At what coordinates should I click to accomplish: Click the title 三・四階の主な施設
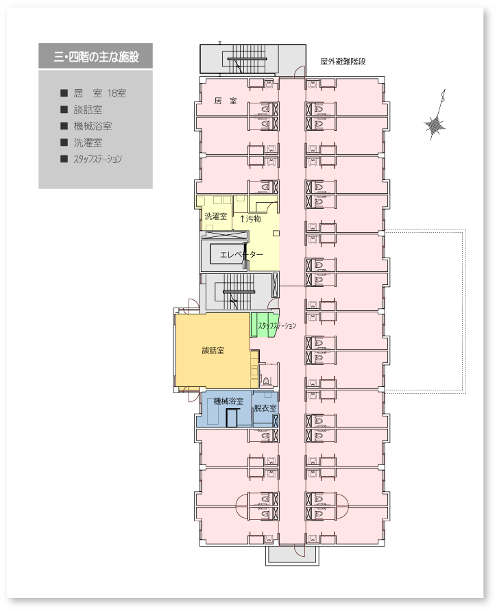pyautogui.click(x=96, y=57)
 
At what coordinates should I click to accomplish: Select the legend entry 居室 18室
pyautogui.click(x=100, y=93)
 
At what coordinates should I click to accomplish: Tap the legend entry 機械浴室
pyautogui.click(x=93, y=126)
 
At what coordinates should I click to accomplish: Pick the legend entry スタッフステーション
pyautogui.click(x=97, y=159)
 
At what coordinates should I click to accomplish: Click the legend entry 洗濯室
pyautogui.click(x=88, y=142)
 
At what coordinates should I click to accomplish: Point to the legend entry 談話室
pyautogui.click(x=88, y=110)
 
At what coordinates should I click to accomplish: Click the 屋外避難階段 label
pyautogui.click(x=343, y=61)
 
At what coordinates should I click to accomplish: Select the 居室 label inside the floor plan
pyautogui.click(x=226, y=101)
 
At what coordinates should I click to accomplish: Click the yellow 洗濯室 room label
pyautogui.click(x=216, y=216)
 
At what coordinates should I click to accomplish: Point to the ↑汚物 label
pyautogui.click(x=250, y=219)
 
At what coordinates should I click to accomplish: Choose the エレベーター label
pyautogui.click(x=241, y=254)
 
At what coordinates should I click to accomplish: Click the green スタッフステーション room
pyautogui.click(x=264, y=325)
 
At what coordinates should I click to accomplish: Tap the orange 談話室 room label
pyautogui.click(x=213, y=350)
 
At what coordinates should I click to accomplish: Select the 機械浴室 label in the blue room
pyautogui.click(x=228, y=401)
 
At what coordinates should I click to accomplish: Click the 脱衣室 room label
pyautogui.click(x=265, y=408)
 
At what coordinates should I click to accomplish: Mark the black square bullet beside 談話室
pyautogui.click(x=64, y=110)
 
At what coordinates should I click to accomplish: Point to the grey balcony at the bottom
pyautogui.click(x=292, y=555)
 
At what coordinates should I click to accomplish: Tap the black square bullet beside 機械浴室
pyautogui.click(x=64, y=126)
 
